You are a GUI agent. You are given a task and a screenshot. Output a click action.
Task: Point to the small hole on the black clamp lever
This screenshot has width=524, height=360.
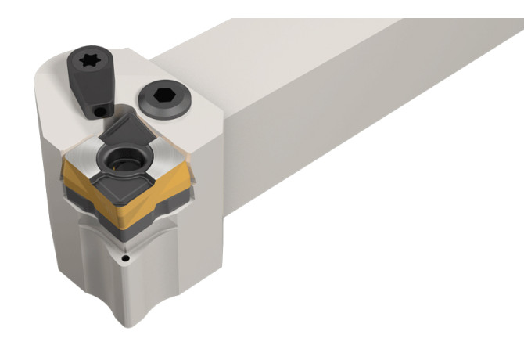coord(98,113)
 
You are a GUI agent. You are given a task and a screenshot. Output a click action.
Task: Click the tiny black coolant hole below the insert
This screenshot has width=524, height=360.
coord(124,257)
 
